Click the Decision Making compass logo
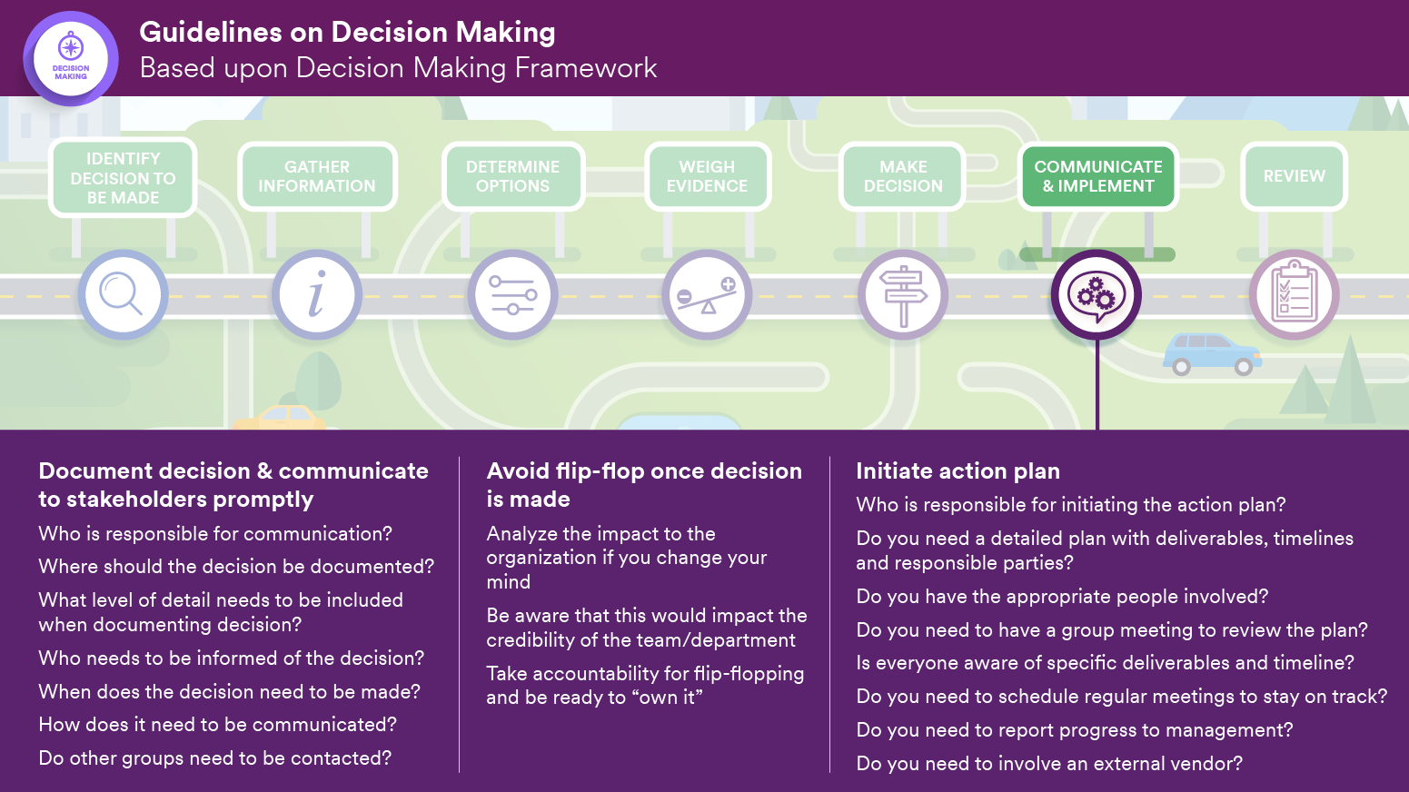[71, 58]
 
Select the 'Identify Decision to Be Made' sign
[123, 178]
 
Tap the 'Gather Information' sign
[317, 176]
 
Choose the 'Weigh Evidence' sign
[707, 176]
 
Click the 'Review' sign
[1294, 176]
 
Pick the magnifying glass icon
[123, 295]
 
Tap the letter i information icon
[317, 295]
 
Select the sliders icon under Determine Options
[513, 295]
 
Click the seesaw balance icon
[707, 295]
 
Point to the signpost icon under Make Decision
[903, 295]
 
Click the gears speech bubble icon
[1096, 295]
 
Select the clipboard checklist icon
[1294, 295]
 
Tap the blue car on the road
[1211, 353]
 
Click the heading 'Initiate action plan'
[958, 470]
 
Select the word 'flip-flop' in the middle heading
[599, 470]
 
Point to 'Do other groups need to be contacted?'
[215, 757]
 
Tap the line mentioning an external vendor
[1049, 763]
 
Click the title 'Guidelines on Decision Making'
[347, 32]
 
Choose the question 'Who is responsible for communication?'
[215, 533]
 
